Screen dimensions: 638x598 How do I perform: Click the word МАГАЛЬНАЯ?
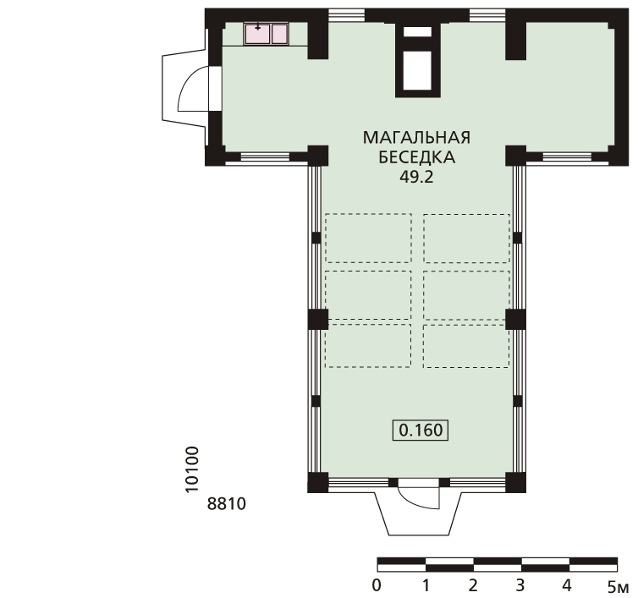[x=416, y=138]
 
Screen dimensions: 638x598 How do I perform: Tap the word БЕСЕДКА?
[x=416, y=157]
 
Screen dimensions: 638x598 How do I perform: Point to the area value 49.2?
[x=416, y=177]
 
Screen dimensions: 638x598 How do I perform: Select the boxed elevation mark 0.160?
[x=421, y=430]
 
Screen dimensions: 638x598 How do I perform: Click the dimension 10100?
[x=191, y=469]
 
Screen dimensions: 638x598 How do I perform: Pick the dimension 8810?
[x=227, y=504]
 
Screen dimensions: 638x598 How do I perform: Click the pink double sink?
[x=266, y=34]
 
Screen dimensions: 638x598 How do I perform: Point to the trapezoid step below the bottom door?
[x=418, y=513]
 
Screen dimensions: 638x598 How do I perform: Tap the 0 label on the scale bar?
[x=377, y=586]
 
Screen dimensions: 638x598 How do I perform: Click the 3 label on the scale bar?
[x=520, y=586]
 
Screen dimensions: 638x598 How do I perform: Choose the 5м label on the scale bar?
[x=618, y=587]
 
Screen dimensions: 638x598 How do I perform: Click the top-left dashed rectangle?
[x=368, y=239]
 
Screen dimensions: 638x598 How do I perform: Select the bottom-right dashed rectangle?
[x=466, y=346]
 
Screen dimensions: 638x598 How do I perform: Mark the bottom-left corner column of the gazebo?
[x=318, y=482]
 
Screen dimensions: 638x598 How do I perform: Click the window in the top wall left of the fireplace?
[x=347, y=15]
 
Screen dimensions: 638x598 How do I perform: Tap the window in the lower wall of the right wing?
[x=567, y=157]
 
